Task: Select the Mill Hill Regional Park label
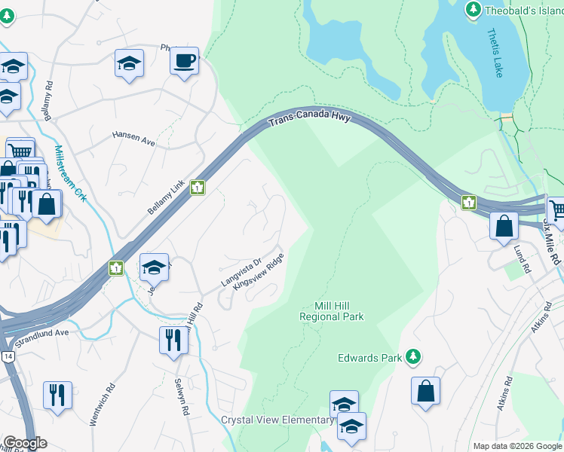click(332, 311)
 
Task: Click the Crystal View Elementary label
click(277, 420)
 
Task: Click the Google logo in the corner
click(24, 443)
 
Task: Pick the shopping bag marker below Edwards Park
click(425, 391)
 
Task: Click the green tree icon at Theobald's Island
click(474, 9)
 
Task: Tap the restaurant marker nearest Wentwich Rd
click(57, 395)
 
